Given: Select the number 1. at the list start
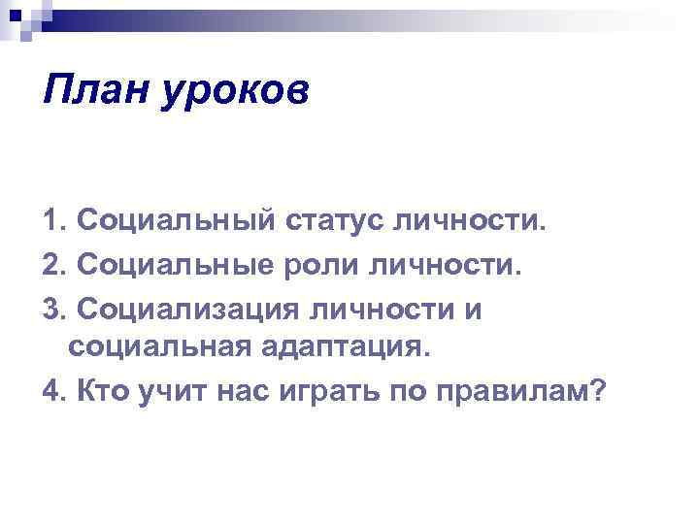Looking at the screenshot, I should click(x=54, y=225).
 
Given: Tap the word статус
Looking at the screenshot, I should click(x=334, y=225).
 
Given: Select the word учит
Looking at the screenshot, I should click(x=176, y=392).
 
